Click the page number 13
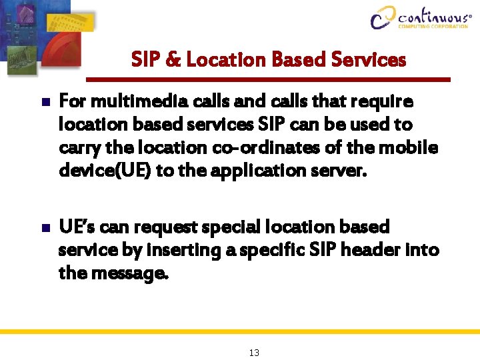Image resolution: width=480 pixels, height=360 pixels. (x=254, y=352)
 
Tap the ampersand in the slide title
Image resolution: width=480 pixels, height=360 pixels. (x=173, y=60)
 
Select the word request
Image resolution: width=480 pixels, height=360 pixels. (x=166, y=228)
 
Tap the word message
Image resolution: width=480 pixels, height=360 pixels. (x=131, y=273)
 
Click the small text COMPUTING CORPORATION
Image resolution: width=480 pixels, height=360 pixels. (x=433, y=27)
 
